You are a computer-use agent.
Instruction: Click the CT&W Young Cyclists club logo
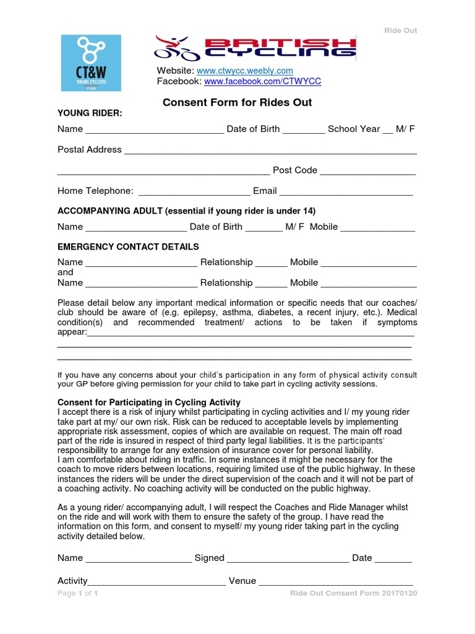point(91,63)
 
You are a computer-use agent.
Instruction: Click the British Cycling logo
point(255,48)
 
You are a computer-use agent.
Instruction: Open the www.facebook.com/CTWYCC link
point(262,81)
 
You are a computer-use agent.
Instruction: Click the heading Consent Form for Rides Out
point(237,102)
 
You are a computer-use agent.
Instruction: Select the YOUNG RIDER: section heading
point(90,113)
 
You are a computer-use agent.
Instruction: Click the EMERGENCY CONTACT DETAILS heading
point(128,246)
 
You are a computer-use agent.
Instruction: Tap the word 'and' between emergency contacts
point(65,272)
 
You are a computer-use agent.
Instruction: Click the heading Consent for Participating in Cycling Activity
point(148,402)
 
